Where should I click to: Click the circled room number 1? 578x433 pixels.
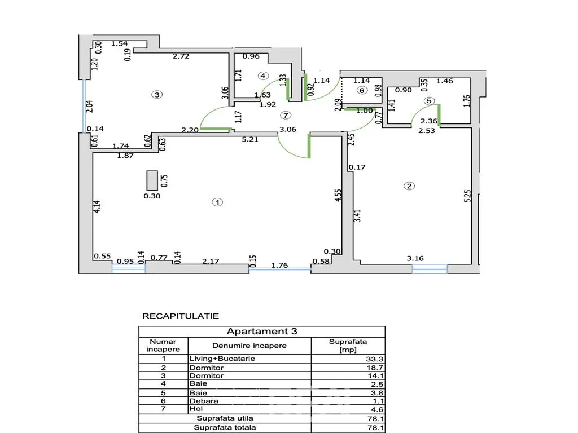click(217, 202)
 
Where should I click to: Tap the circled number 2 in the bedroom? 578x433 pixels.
click(409, 186)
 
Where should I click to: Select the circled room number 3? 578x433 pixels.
click(157, 95)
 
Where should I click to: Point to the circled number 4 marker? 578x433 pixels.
click(263, 76)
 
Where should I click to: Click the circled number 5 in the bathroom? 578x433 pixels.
click(429, 101)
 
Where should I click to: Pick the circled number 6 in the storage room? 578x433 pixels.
click(362, 90)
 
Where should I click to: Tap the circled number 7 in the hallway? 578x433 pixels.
click(285, 115)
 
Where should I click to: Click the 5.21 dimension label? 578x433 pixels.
click(250, 139)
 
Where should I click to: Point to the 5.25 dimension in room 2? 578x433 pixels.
click(467, 196)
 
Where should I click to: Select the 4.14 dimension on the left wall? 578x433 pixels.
click(97, 206)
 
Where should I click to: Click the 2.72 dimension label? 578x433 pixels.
click(181, 56)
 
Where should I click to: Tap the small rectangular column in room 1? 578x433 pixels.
click(152, 180)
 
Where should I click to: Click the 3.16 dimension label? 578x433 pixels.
click(415, 258)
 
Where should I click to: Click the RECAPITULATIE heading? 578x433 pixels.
click(181, 316)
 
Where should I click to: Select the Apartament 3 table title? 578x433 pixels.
click(262, 332)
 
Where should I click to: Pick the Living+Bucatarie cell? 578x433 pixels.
click(222, 359)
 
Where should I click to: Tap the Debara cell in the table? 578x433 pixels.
click(204, 401)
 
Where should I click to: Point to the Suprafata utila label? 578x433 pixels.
click(225, 418)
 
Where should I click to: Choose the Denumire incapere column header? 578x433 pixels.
click(249, 346)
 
